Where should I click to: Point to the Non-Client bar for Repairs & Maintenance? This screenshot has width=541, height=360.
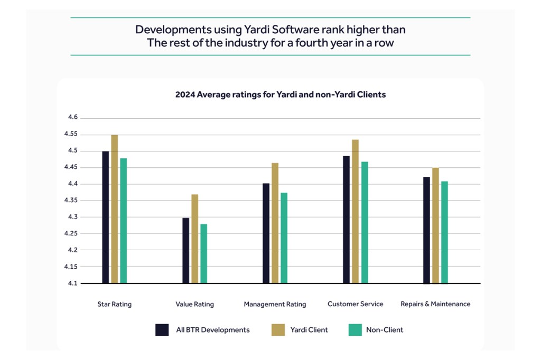point(444,232)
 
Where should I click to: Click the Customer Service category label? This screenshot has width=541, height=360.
point(355,304)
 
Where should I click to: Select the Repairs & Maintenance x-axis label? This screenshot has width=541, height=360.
point(435,304)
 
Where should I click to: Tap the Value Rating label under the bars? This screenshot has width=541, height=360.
point(194,304)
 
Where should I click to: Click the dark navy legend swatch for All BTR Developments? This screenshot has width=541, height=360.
point(162,330)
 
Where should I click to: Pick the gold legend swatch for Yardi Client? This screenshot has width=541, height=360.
point(278,330)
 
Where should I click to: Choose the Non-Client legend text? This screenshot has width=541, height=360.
point(384,330)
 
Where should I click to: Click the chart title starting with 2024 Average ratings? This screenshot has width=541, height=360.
point(281,95)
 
